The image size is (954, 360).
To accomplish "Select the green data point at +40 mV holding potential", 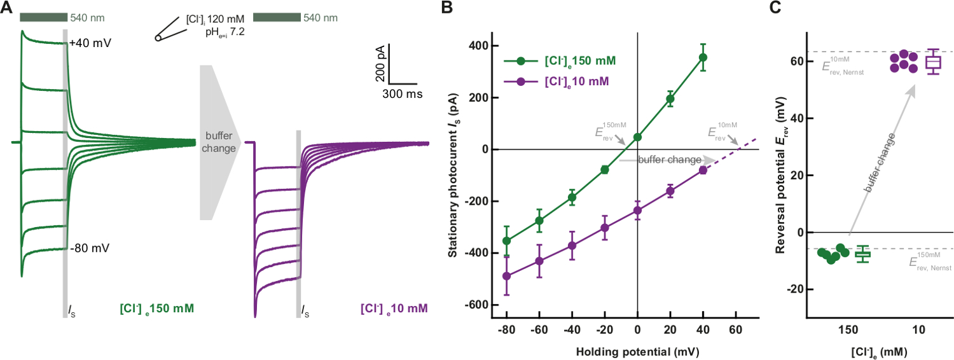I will click(x=703, y=57).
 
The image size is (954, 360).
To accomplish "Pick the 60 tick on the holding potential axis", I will click(x=736, y=330).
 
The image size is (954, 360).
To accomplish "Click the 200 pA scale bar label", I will click(x=380, y=64).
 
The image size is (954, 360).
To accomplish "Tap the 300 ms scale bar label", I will click(x=403, y=93).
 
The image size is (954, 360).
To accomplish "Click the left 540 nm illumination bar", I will click(x=43, y=17).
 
